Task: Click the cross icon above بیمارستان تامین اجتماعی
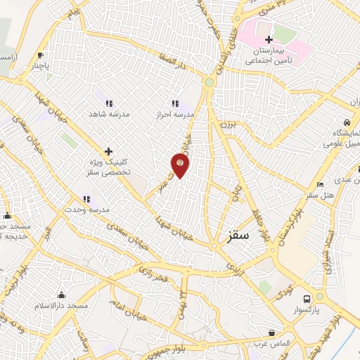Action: coord(269,39)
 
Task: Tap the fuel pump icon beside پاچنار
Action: coord(41,55)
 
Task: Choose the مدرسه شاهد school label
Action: coord(106,113)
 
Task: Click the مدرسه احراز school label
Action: coord(176,113)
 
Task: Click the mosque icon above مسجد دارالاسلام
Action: coord(61,295)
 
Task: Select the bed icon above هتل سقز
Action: coord(321,184)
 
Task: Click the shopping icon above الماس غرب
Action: coord(271,332)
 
